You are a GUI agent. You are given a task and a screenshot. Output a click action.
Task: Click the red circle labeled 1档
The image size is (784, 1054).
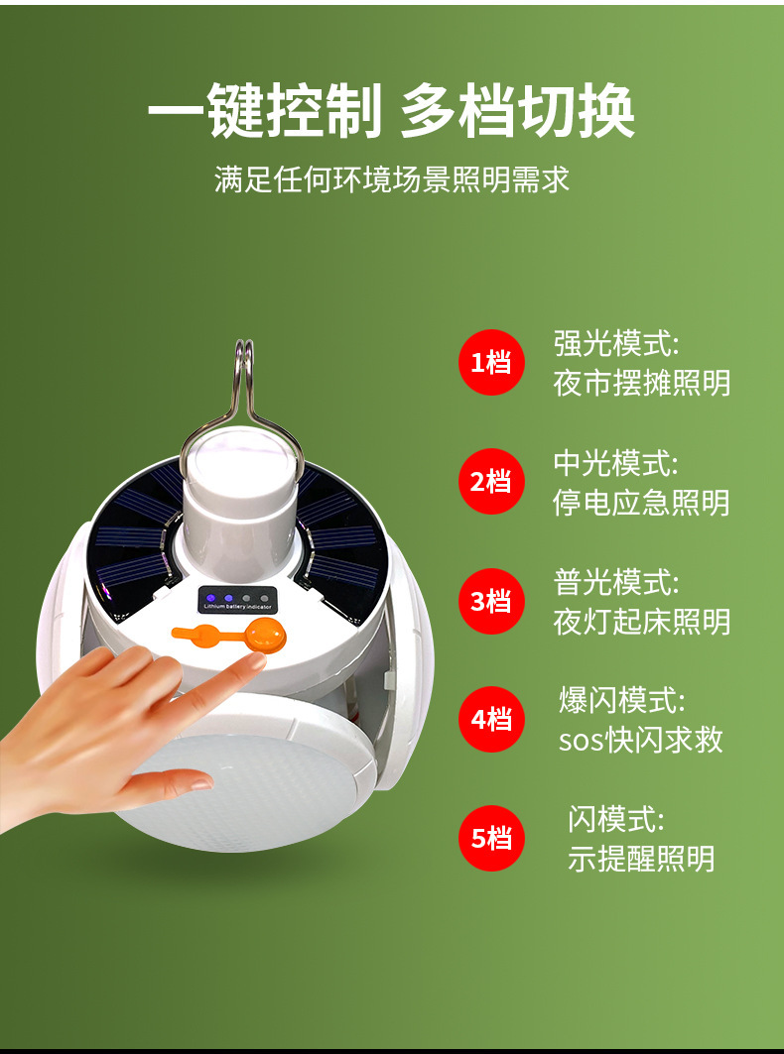[491, 362]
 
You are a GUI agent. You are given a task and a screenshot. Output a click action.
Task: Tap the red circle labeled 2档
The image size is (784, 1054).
[491, 481]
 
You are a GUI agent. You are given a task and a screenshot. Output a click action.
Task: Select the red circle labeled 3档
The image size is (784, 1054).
[491, 601]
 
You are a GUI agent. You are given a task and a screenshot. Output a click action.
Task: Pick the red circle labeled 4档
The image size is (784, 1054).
[491, 719]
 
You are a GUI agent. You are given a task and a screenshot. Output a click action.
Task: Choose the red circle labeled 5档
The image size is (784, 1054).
[491, 838]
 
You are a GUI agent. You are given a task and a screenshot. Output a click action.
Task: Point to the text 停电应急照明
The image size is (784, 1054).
[641, 503]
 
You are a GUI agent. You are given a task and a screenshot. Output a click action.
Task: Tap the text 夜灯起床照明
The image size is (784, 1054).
[641, 622]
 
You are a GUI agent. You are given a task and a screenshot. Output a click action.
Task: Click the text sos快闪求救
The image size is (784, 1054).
[641, 740]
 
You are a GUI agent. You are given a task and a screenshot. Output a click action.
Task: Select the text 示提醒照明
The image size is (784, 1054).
[641, 859]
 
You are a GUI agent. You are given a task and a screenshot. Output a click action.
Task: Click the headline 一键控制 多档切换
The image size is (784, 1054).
[391, 111]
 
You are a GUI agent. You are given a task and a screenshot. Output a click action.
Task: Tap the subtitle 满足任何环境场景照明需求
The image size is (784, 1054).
[392, 178]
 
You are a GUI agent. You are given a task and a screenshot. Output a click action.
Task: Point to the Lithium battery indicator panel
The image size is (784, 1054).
[237, 600]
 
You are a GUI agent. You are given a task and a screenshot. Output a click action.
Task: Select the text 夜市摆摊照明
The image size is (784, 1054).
[641, 384]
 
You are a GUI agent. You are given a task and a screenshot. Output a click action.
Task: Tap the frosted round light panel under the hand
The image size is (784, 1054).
[249, 793]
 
